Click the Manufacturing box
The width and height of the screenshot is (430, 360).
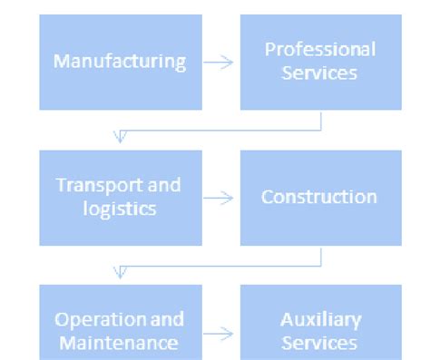click(120, 62)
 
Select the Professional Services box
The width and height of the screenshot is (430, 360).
click(320, 62)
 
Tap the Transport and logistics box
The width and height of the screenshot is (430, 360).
click(120, 197)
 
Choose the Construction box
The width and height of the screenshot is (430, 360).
click(320, 197)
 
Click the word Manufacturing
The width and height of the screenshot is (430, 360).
click(120, 62)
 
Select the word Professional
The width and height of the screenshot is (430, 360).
click(320, 49)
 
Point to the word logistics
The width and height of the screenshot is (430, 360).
click(119, 209)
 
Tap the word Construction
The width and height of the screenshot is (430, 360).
click(319, 197)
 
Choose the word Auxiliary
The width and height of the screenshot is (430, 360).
click(320, 320)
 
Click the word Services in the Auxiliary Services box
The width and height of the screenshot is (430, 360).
click(320, 343)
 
